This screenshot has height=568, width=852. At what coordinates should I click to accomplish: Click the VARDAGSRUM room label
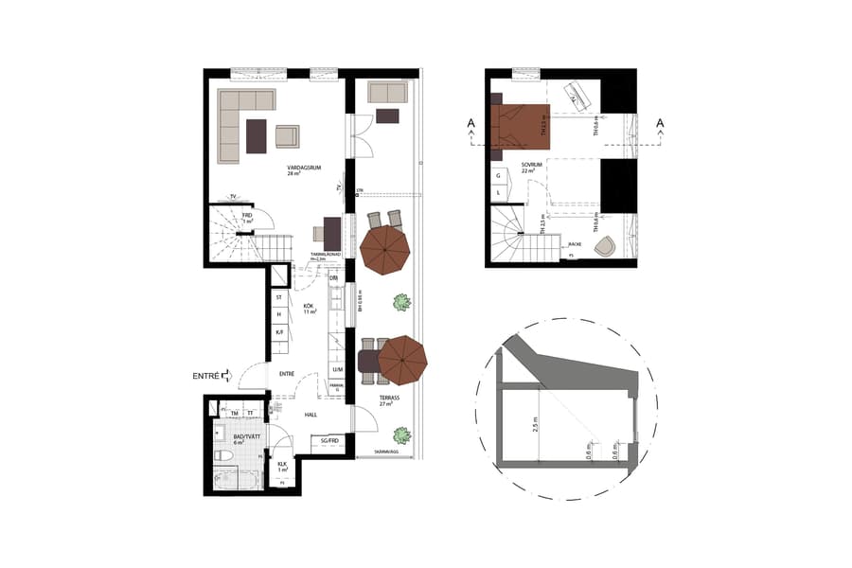[305, 170]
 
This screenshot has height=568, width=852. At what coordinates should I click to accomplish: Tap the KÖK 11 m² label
[309, 308]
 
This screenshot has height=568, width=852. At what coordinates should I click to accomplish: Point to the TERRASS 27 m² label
[389, 400]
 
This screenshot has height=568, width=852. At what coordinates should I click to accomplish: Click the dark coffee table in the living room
[257, 135]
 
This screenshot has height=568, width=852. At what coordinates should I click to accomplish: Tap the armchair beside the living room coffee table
[287, 136]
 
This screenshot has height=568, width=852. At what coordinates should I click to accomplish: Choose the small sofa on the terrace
[387, 92]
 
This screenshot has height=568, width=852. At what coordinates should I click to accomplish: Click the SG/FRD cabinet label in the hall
[329, 442]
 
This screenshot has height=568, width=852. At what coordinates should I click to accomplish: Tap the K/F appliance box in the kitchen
[279, 332]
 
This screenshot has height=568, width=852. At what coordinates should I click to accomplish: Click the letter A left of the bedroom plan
[470, 122]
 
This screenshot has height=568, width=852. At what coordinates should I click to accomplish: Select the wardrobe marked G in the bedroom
[498, 175]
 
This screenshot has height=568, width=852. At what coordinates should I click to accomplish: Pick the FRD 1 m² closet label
[247, 219]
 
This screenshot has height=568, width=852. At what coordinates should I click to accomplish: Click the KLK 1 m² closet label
[282, 466]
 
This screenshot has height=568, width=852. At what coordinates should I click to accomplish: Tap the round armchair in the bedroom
[603, 246]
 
